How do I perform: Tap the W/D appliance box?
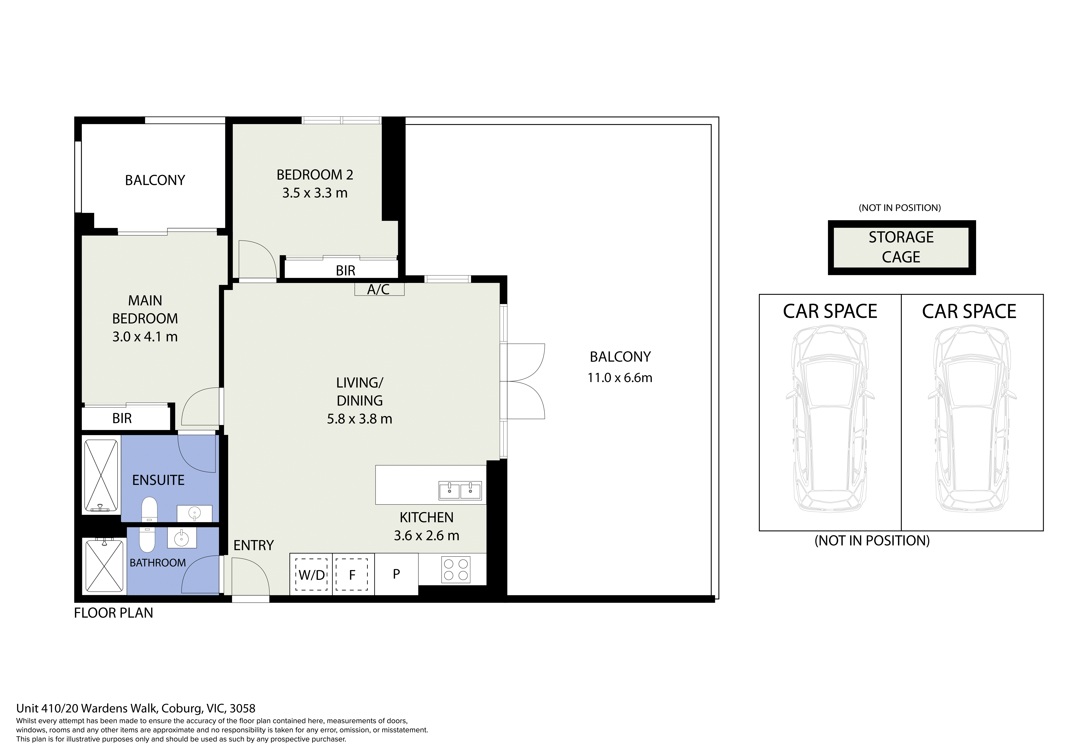pos(311,574)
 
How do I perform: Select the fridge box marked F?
pos(353,574)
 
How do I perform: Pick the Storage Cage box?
pos(901,247)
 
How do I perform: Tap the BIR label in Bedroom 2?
pos(345,271)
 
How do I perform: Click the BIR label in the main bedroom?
pos(122,418)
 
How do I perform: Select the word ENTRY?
pos(253,545)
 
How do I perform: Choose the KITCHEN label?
pos(426,518)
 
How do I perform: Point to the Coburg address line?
pos(136,708)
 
